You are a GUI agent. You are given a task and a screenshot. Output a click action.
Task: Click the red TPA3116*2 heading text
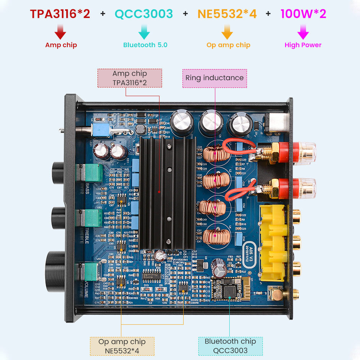point(60,14)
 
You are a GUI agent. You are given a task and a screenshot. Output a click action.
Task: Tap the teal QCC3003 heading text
point(144,14)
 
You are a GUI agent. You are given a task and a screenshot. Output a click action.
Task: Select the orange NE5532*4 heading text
point(227,14)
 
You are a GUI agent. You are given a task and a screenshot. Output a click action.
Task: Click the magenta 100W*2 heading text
point(303,14)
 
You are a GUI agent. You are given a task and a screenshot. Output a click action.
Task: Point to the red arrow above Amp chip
point(60,32)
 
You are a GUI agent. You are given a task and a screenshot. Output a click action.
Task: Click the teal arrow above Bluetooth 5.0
point(144,32)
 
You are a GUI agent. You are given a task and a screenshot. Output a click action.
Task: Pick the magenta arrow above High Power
point(303,32)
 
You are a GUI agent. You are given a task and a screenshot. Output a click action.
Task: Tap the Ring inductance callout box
point(215,78)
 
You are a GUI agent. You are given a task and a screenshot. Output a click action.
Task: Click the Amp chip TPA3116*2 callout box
point(130,78)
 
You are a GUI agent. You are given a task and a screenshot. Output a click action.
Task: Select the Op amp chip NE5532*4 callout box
point(122,346)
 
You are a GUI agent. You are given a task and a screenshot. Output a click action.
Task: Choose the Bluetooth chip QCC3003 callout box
point(230,346)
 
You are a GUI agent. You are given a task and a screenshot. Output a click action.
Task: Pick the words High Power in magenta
point(303,45)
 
